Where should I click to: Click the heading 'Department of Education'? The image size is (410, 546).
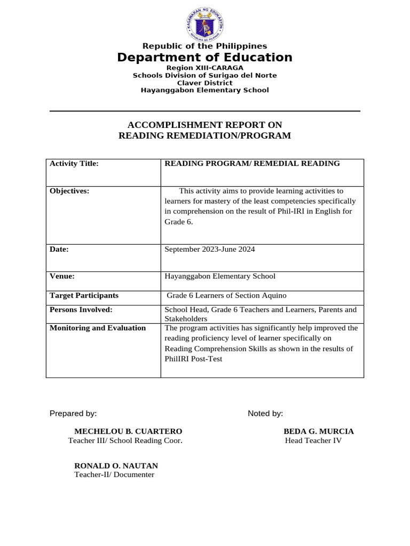tap(205, 58)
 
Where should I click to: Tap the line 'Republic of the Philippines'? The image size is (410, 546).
tap(205, 46)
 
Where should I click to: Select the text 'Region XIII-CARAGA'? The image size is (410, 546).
tap(205, 68)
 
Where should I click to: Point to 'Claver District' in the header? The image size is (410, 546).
tap(205, 83)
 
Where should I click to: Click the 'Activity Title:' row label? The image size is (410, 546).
tap(74, 164)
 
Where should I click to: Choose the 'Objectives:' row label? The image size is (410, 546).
tap(69, 191)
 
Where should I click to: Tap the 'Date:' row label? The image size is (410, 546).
tap(60, 249)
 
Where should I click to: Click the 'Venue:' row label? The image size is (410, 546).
tap(62, 276)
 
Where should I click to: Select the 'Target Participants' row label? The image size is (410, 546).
tap(84, 295)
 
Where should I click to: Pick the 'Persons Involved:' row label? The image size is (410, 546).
tap(81, 310)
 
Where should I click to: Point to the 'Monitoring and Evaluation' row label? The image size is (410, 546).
tap(98, 328)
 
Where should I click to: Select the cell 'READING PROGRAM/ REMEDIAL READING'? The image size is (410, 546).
tap(252, 164)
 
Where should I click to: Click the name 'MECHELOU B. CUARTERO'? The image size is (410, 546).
tap(128, 431)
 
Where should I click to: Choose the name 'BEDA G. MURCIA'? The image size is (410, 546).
tap(318, 431)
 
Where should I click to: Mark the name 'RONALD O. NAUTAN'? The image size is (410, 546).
tap(116, 465)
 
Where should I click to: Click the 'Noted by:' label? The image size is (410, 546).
tap(265, 414)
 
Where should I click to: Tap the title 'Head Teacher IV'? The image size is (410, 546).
tap(313, 440)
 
